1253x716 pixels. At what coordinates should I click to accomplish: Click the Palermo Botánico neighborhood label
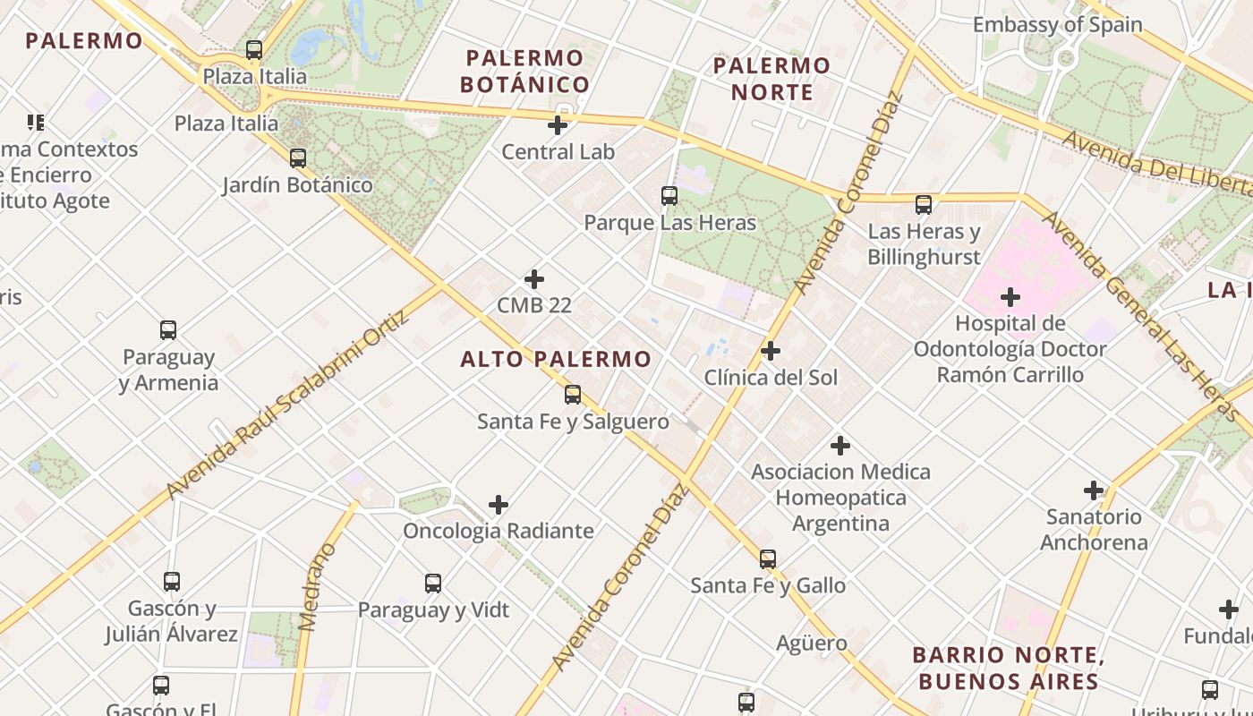[525, 72]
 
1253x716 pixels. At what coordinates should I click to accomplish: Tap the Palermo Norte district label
[771, 79]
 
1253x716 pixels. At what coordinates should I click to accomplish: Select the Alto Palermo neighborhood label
[556, 360]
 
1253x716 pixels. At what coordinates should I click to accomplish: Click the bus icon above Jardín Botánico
[298, 158]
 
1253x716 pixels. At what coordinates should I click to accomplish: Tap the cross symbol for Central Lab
[558, 125]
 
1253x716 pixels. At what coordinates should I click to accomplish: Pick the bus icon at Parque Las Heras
[669, 196]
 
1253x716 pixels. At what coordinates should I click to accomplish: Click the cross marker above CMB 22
[534, 279]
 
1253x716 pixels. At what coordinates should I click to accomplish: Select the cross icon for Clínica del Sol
[771, 351]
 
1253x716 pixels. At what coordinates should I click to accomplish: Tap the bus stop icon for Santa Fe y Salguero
[573, 395]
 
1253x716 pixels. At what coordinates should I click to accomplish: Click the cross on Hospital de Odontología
[1010, 297]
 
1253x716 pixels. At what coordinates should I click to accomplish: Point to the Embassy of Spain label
[1057, 24]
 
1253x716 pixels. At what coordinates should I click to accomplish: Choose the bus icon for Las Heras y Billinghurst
[924, 205]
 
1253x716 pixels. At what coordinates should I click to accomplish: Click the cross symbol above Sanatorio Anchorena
[1094, 490]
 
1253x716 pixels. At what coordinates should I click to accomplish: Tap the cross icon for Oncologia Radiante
[499, 506]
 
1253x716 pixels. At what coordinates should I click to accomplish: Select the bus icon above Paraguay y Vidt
[433, 584]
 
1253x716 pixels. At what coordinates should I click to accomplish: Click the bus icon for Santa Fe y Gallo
[768, 559]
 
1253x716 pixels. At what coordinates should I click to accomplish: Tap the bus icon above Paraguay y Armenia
[168, 330]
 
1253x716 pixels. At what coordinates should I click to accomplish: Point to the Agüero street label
[811, 643]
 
